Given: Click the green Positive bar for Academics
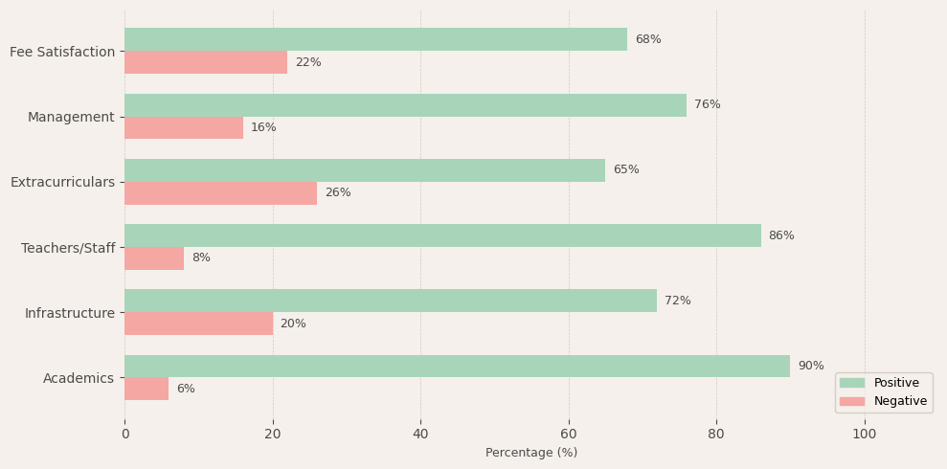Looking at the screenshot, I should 457,366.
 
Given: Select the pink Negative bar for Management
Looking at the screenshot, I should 184,128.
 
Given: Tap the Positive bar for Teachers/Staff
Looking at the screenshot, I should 442,235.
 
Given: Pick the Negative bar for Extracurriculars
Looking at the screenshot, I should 220,193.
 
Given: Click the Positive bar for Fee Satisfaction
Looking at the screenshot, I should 375,39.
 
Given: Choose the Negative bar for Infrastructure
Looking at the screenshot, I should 198,324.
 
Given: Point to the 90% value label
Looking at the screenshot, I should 810,366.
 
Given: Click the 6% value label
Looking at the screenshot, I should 186,389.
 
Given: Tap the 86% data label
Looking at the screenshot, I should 781,235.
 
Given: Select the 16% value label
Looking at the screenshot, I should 263,128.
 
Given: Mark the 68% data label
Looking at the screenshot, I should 648,39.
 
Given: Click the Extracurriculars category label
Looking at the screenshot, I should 62,182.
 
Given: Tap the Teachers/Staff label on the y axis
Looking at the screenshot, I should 68,248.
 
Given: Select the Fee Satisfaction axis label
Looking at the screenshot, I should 62,52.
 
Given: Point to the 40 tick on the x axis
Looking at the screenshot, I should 420,434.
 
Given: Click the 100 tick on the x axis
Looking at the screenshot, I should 865,434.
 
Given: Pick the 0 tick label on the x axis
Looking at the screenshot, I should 124,434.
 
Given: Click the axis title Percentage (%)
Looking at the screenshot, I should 531,453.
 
